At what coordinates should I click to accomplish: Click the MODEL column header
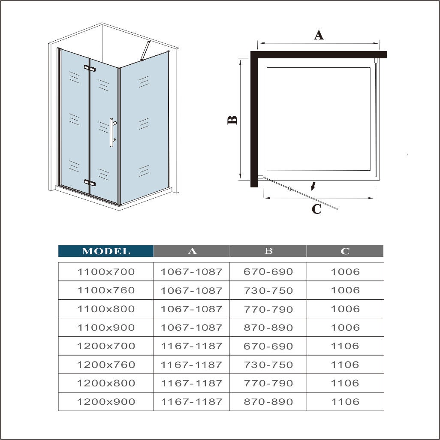pos(106,251)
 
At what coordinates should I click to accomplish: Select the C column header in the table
pos(345,251)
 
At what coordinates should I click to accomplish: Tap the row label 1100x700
pos(106,271)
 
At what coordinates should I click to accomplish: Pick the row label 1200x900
pos(106,402)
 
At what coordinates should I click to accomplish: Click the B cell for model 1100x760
pos(268,290)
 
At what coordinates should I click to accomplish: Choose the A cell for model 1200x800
pos(192,383)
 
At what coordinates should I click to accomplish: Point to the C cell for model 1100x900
pos(345,327)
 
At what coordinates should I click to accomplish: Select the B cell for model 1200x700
pos(268,346)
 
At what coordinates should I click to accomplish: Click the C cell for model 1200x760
pos(345,365)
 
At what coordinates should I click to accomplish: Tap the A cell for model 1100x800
pos(192,309)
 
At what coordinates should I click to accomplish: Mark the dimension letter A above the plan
pos(318,35)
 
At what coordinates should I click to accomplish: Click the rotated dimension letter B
pos(232,120)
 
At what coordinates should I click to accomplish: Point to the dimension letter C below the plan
pos(316,209)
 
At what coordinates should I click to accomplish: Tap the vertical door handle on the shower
pos(112,133)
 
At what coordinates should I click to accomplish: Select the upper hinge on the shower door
pos(90,68)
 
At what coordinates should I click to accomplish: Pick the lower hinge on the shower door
pos(90,183)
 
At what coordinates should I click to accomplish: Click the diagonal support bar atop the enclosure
pos(145,51)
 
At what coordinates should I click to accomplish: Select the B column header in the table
pos(268,251)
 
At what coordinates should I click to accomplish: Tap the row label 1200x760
pos(106,365)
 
